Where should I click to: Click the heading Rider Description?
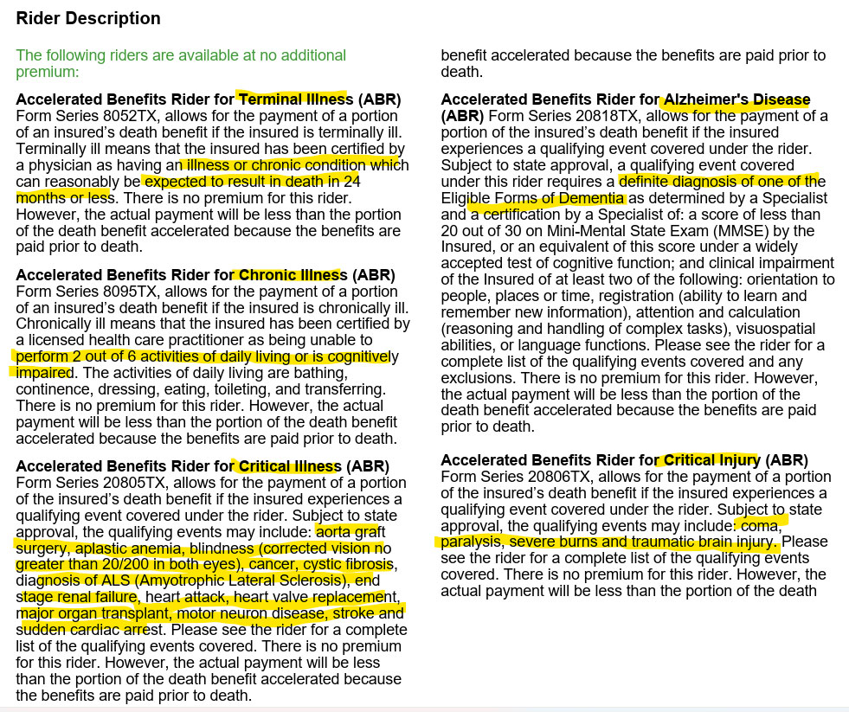88,18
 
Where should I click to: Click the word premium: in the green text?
48,72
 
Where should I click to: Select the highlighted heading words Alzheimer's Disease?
736,99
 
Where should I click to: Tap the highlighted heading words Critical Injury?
711,460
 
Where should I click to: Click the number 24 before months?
351,182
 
